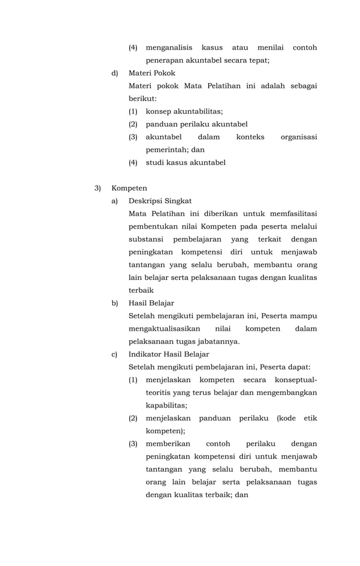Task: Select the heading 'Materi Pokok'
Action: [x=152, y=73]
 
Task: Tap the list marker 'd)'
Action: [x=115, y=73]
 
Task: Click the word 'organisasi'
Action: [x=298, y=137]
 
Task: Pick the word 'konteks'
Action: [x=250, y=137]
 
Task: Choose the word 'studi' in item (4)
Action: [x=155, y=163]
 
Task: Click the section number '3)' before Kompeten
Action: [x=98, y=188]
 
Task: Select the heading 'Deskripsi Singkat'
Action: [x=160, y=200]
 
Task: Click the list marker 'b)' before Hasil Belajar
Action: [x=115, y=303]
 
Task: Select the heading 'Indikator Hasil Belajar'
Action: [x=169, y=354]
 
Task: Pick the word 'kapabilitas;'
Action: [x=166, y=405]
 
